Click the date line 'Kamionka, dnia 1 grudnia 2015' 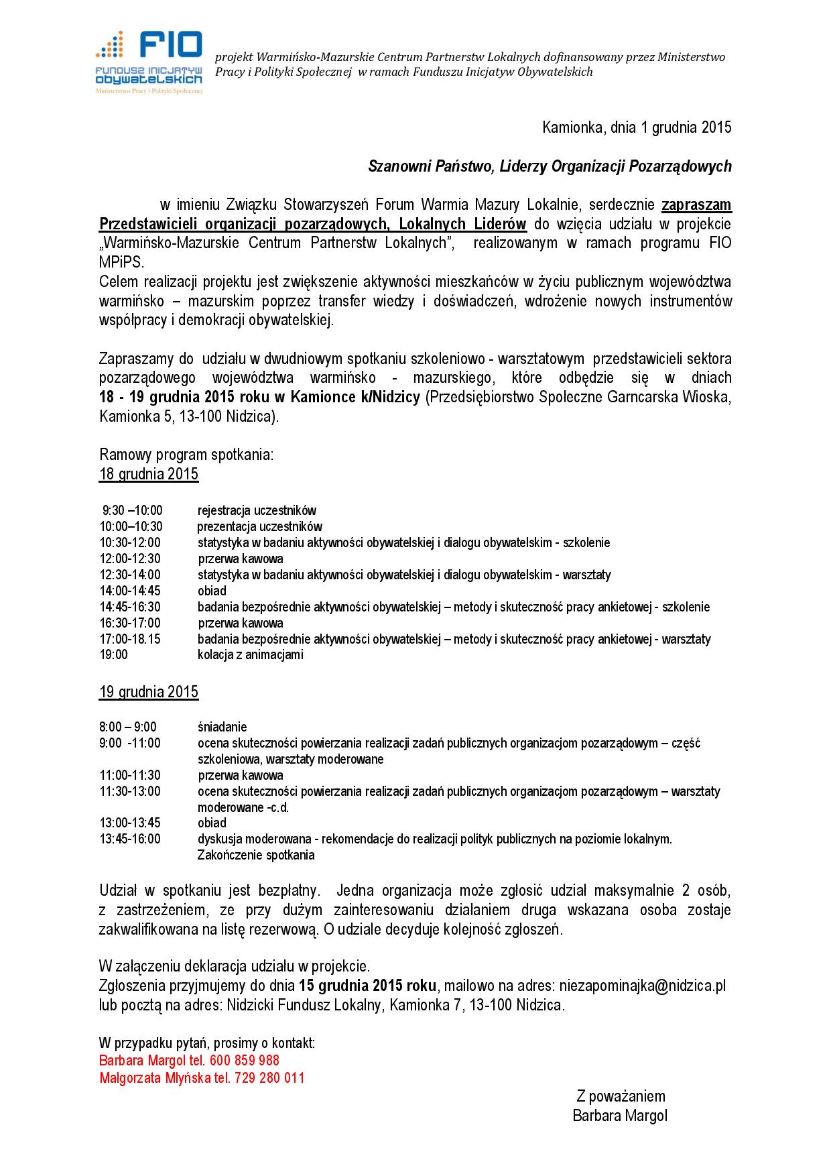pyautogui.click(x=636, y=127)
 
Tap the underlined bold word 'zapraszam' pyautogui.click(x=696, y=204)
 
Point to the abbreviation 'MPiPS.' pyautogui.click(x=121, y=262)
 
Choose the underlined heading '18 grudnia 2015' pyautogui.click(x=149, y=474)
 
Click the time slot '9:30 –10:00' pyautogui.click(x=132, y=510)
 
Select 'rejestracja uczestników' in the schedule pyautogui.click(x=257, y=510)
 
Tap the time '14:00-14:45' pyautogui.click(x=130, y=591)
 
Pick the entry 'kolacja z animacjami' pyautogui.click(x=250, y=654)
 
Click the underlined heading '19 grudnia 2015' pyautogui.click(x=149, y=691)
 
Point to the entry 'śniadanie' pyautogui.click(x=222, y=727)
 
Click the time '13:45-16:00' pyautogui.click(x=130, y=839)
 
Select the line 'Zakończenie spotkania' pyautogui.click(x=256, y=855)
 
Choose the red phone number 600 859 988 pyautogui.click(x=245, y=1061)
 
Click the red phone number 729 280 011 pyautogui.click(x=269, y=1078)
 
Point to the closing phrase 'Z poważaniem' pyautogui.click(x=621, y=1096)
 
